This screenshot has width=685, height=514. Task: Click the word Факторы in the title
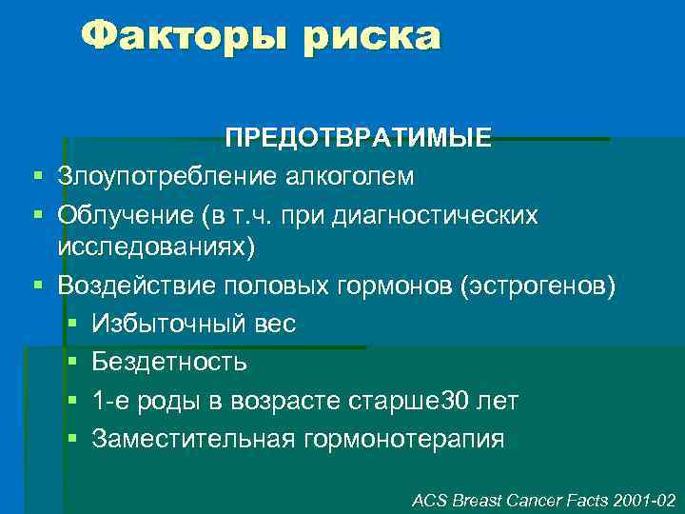pos(185,37)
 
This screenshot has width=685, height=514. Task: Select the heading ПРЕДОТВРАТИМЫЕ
pos(359,139)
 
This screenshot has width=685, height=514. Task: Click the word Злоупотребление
pos(165,177)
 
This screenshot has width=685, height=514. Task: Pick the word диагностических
pos(435,216)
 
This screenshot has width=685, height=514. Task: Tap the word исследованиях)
pos(156,247)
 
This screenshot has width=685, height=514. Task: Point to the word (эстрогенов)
pos(538,285)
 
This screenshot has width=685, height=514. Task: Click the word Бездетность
pos(169,362)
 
